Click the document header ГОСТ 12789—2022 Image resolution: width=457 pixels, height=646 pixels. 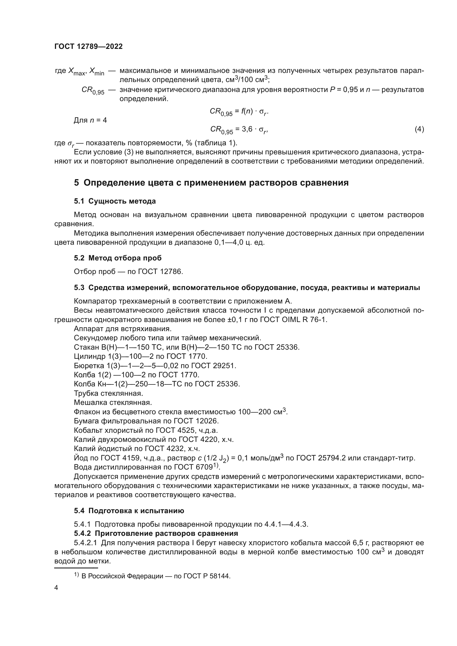pos(89,47)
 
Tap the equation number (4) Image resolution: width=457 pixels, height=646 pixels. pos(419,129)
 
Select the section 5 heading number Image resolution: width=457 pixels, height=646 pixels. pos(77,183)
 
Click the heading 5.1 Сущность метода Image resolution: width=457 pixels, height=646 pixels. pos(115,201)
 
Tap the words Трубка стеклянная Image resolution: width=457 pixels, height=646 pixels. pos(108,393)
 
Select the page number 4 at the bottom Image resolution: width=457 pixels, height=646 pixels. pos(56,588)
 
